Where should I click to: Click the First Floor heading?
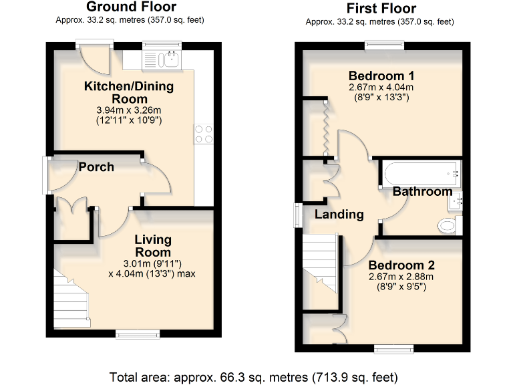[x=381, y=9]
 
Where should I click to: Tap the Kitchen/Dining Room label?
[x=128, y=92]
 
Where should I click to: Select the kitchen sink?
[x=171, y=60]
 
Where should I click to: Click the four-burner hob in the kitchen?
[x=203, y=134]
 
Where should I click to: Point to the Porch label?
[x=96, y=167]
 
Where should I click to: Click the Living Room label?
[x=153, y=245]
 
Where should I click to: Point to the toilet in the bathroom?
[x=448, y=226]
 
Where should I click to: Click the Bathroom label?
[x=422, y=192]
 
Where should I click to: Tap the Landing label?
[x=339, y=215]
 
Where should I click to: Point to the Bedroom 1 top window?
[x=384, y=45]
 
